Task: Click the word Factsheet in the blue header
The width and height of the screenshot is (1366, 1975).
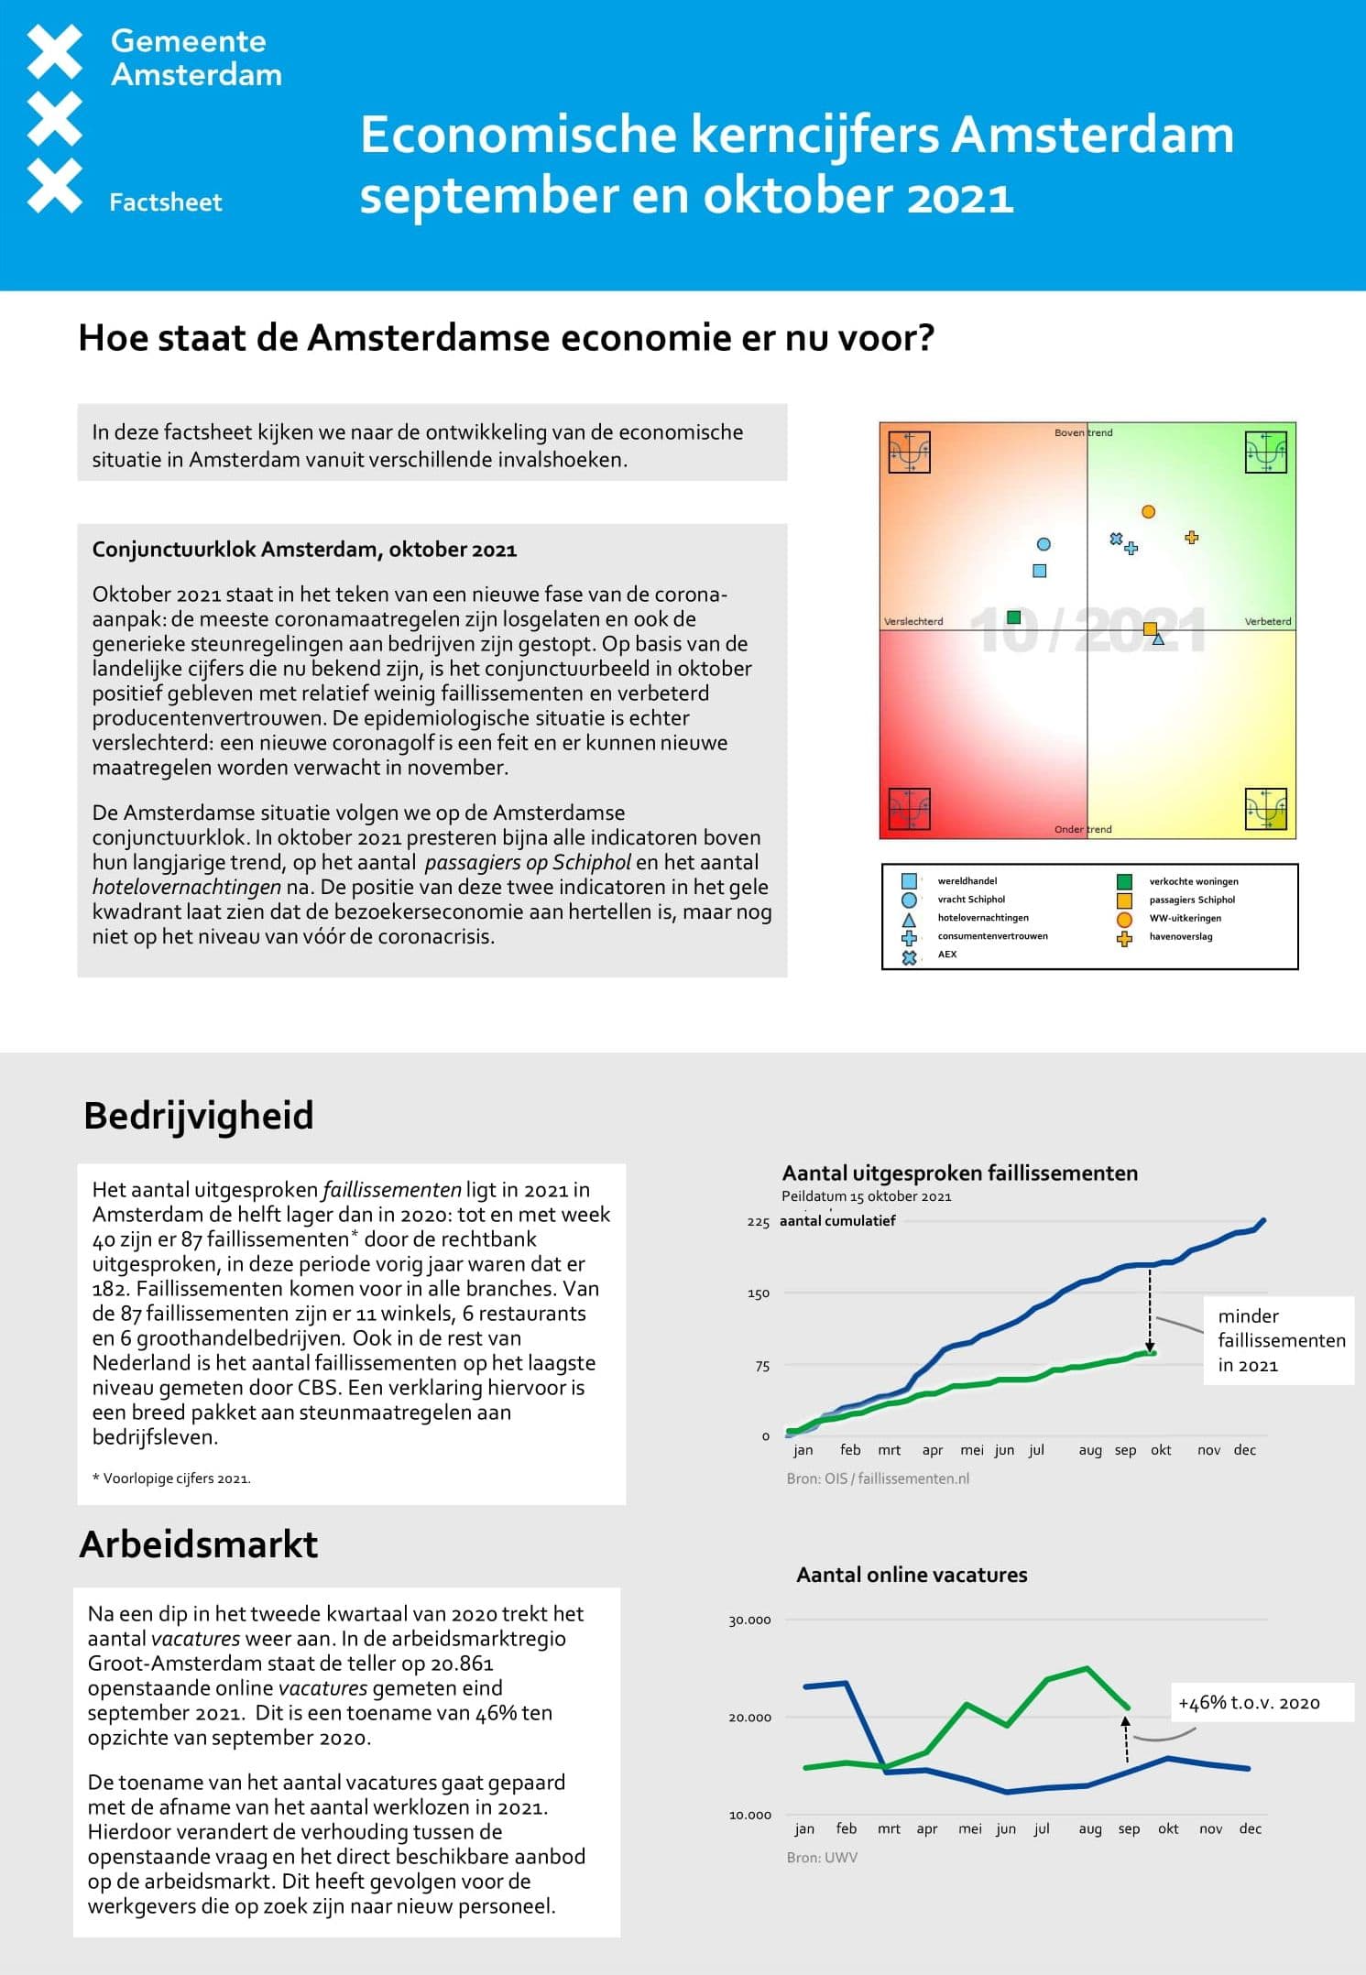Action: [165, 202]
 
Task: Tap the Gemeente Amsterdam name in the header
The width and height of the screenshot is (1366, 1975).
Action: [196, 58]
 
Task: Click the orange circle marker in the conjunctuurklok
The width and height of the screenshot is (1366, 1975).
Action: [1148, 511]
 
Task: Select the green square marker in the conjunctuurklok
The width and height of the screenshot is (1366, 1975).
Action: [1013, 617]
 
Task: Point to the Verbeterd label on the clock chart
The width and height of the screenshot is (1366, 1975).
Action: [1267, 621]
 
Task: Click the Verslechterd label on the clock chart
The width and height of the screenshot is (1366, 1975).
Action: [913, 621]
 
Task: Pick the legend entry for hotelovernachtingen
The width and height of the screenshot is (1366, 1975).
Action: [982, 917]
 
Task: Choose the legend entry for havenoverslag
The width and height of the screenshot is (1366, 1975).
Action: [1180, 936]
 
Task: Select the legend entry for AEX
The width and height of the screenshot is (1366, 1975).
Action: [946, 954]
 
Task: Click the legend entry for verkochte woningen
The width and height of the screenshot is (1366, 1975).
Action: [1193, 881]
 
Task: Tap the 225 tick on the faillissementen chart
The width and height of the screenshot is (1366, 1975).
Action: [758, 1222]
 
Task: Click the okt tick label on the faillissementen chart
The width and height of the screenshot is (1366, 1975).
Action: [1161, 1450]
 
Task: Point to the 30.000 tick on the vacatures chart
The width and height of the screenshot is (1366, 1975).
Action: [749, 1620]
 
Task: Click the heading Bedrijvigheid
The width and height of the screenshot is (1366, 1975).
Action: [199, 1116]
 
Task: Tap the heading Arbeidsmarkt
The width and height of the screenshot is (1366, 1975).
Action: [199, 1544]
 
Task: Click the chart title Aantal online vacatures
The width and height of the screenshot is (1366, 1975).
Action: [912, 1575]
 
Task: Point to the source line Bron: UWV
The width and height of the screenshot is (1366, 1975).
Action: [822, 1857]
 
